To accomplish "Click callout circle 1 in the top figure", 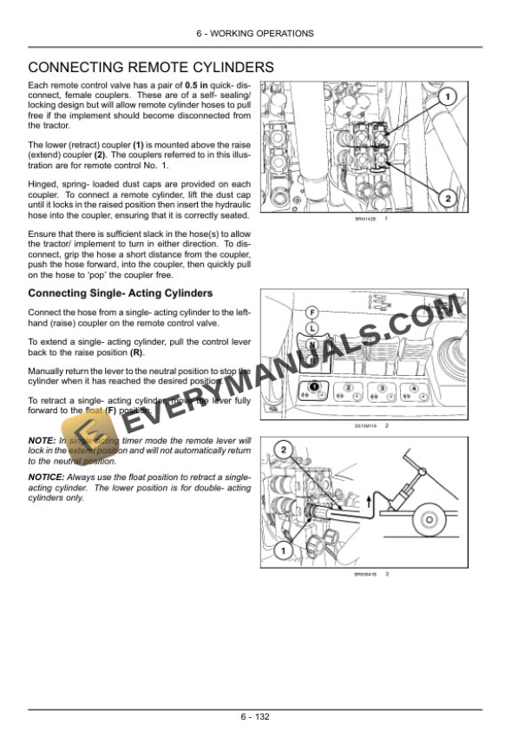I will pos(446,98).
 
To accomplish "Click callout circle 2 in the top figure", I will pos(447,199).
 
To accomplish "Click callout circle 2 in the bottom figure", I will pos(283,450).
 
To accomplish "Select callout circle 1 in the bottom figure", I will pos(281,550).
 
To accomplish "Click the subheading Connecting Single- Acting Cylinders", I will pos(120,293).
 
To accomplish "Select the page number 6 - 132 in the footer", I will pos(265,716).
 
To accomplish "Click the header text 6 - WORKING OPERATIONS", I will pos(265,33).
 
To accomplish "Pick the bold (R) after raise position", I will pos(137,352).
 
